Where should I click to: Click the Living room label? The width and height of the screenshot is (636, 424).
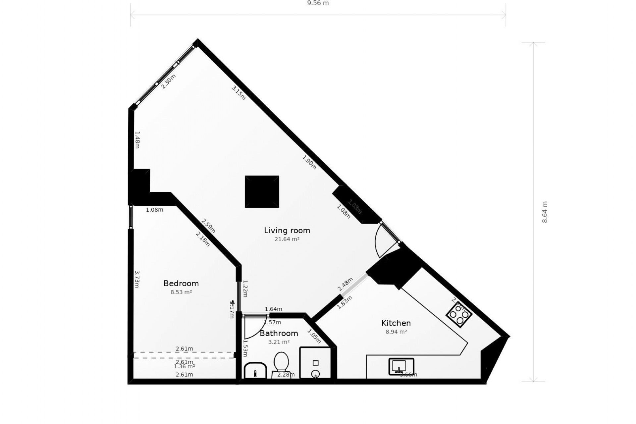[287, 231]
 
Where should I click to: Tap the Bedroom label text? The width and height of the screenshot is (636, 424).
[181, 284]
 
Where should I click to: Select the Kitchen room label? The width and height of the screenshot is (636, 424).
[396, 323]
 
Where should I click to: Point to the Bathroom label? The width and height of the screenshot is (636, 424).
[279, 333]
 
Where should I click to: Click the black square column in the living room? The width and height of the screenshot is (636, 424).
[262, 192]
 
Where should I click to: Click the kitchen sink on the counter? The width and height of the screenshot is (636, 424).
[401, 366]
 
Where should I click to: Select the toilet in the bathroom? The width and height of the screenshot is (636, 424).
[281, 363]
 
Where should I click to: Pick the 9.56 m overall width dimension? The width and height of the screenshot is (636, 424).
[318, 3]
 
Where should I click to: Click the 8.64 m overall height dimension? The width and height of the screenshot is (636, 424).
[545, 212]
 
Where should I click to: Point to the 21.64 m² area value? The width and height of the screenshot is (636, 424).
[287, 239]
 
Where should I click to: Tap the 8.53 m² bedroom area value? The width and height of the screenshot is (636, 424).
[181, 292]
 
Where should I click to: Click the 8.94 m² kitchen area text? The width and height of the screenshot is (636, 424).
[396, 332]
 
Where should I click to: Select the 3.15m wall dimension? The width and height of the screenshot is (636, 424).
[238, 93]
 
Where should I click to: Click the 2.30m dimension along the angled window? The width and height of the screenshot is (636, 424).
[168, 81]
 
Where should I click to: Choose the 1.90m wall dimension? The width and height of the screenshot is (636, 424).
[309, 162]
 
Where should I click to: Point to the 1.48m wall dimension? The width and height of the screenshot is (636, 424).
[137, 140]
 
